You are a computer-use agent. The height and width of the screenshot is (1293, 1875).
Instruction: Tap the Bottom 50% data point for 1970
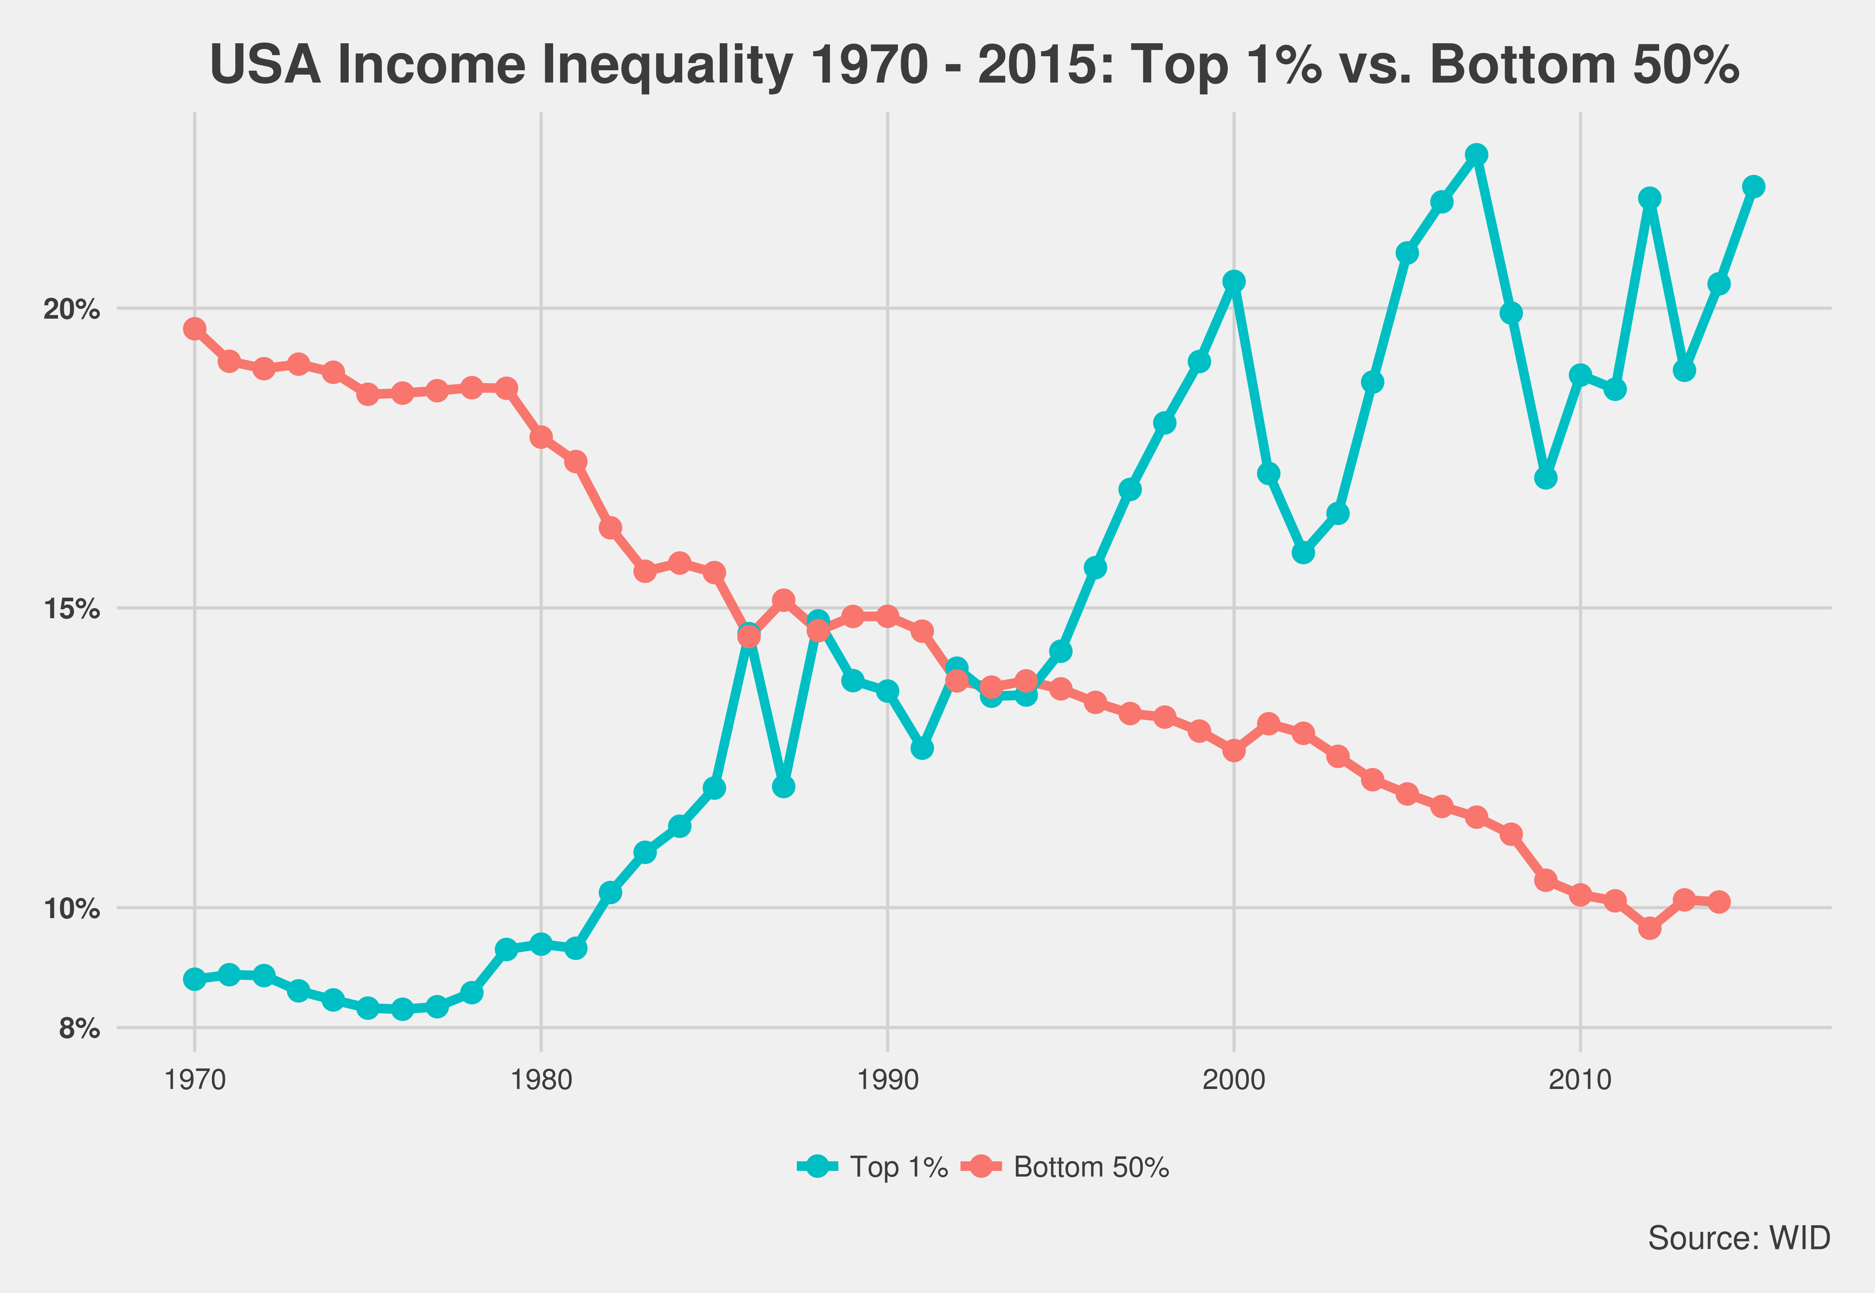[194, 328]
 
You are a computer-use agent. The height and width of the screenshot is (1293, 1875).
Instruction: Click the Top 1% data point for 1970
[194, 979]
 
